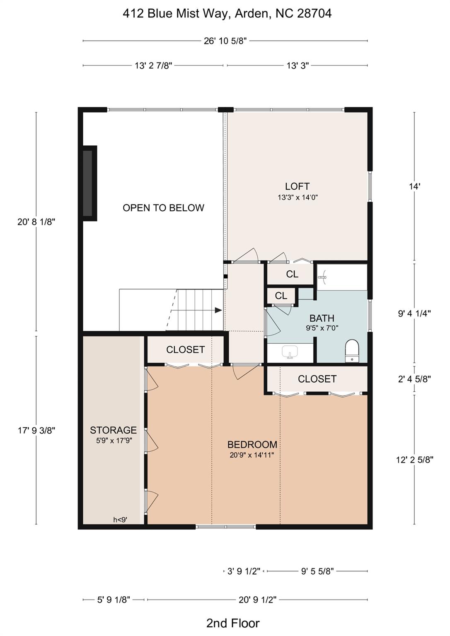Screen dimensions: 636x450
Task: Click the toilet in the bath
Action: tap(352, 350)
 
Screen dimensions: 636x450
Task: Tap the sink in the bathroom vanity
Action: tap(290, 352)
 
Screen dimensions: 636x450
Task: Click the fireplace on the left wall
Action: tap(88, 183)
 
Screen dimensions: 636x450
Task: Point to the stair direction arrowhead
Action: tap(218, 310)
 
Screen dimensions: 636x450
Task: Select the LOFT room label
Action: tap(297, 186)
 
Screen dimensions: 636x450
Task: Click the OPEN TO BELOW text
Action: tap(163, 208)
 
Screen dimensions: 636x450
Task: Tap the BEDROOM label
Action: tap(252, 445)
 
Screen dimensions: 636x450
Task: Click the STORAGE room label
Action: tap(113, 430)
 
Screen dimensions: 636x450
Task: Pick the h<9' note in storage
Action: tap(120, 520)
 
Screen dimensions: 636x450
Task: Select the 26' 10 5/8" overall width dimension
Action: tap(225, 41)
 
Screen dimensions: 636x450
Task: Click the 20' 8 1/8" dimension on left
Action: tap(36, 222)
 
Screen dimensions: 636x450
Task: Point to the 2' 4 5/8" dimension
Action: tap(414, 379)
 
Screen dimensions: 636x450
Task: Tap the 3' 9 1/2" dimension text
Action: tap(244, 571)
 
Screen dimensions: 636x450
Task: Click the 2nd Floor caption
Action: tap(233, 623)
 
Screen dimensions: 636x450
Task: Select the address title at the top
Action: tap(227, 14)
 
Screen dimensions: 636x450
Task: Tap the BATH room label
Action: tap(322, 318)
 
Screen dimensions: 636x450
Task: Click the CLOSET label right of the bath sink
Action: tap(317, 379)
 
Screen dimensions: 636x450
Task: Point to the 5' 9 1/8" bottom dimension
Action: tap(114, 600)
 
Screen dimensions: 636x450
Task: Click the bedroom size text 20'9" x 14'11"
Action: tap(252, 455)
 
